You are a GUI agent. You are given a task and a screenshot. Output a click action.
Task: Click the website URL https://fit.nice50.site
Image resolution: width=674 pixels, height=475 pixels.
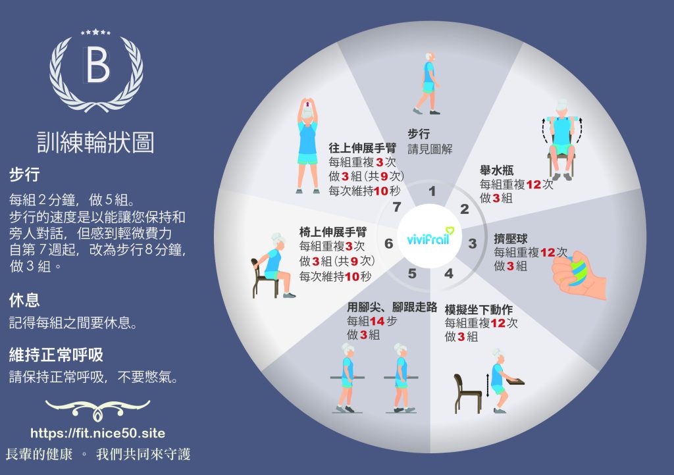(x=97, y=434)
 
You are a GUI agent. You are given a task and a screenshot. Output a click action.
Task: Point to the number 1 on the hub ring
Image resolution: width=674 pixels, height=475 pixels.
(x=432, y=192)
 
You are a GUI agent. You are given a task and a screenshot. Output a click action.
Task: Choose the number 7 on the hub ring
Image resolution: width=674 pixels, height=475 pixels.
(x=396, y=207)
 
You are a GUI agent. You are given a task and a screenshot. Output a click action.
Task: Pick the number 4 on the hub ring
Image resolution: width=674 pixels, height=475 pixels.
(x=449, y=273)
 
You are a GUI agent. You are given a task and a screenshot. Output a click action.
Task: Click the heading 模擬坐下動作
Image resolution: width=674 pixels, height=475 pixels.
(x=479, y=309)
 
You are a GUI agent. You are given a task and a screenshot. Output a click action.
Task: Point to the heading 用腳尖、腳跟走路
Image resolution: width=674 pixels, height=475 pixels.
(x=392, y=308)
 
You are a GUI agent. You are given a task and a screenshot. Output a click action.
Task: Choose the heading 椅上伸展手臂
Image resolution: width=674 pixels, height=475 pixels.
(x=324, y=232)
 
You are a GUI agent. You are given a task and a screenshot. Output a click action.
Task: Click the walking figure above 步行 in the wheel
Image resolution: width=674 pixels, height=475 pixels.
(x=427, y=83)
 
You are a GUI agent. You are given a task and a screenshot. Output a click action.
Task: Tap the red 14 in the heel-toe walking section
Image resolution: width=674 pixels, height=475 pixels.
(x=377, y=322)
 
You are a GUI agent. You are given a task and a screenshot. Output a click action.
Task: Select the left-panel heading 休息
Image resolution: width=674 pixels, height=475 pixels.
(x=24, y=301)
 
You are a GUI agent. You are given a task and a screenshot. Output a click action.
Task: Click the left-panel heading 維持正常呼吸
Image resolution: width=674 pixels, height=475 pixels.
(x=56, y=355)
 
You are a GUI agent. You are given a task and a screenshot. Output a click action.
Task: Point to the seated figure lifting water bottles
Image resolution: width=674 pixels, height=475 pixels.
(x=561, y=139)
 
